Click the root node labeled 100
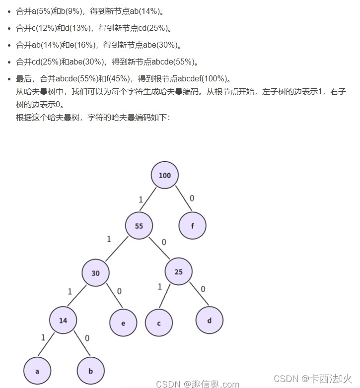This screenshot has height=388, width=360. click(164, 175)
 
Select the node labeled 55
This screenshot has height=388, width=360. click(139, 226)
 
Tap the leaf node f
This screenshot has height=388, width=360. click(192, 226)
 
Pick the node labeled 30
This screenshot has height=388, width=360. click(96, 273)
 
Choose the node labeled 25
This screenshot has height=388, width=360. click(178, 271)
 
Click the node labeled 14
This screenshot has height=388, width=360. click(63, 321)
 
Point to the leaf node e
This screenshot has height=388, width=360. click(123, 323)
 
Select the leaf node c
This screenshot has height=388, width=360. click(159, 323)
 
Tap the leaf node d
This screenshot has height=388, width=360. click(209, 321)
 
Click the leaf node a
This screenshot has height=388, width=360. click(37, 371)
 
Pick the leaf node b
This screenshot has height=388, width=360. click(91, 371)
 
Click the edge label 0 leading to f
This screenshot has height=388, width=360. click(192, 198)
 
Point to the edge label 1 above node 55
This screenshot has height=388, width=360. click(141, 199)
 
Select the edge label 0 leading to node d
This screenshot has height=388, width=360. click(203, 289)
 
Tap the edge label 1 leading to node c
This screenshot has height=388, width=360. click(159, 287)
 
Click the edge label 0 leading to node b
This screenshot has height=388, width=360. click(87, 338)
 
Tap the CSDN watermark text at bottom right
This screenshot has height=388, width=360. click(313, 379)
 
